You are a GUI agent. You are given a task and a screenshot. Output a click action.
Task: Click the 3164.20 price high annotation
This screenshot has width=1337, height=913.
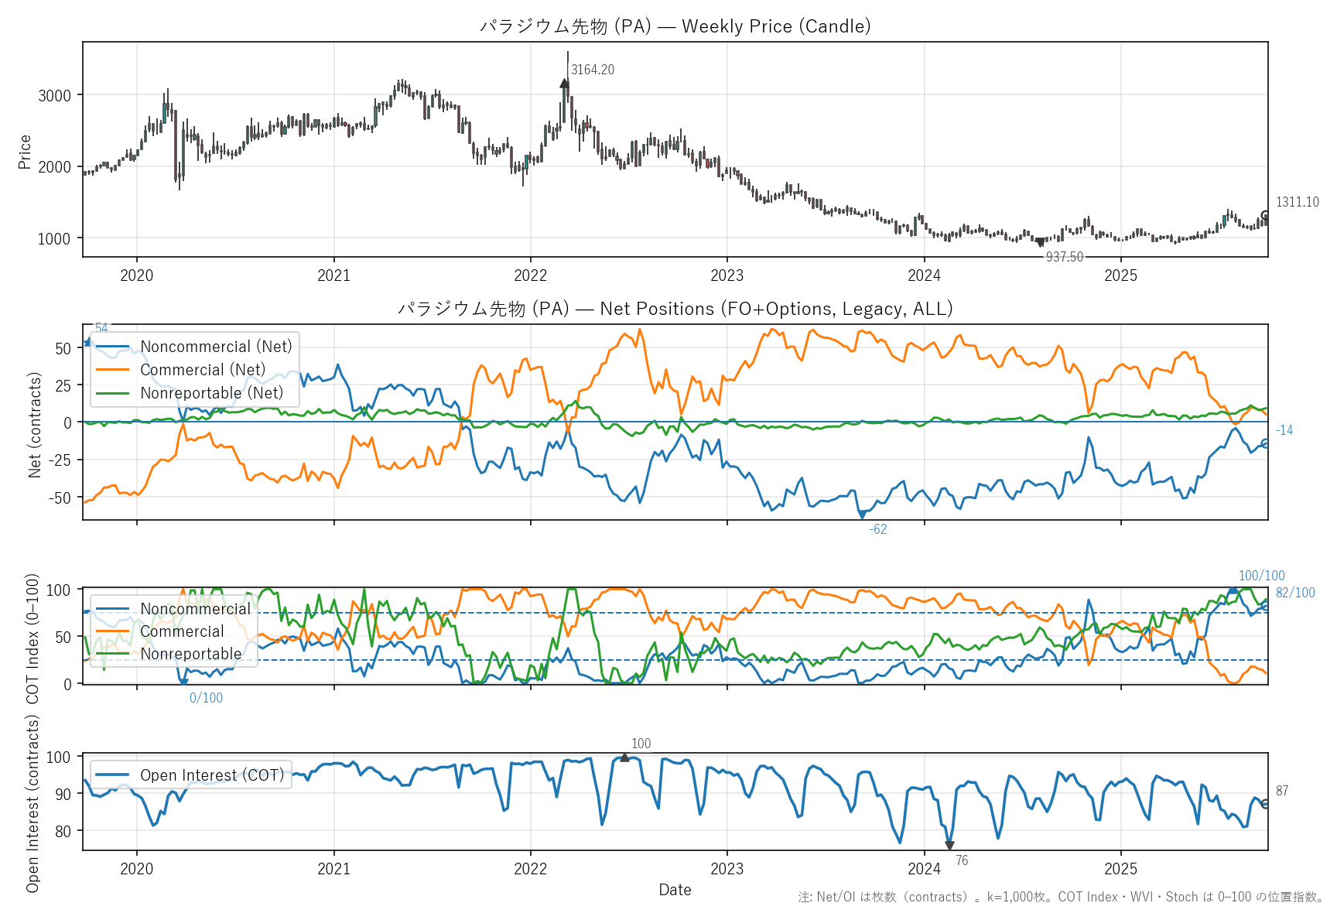click(592, 70)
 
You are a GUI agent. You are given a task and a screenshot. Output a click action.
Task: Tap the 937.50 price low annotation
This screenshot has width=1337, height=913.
click(1064, 257)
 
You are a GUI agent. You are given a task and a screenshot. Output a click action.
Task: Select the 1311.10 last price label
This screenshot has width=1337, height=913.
click(1297, 202)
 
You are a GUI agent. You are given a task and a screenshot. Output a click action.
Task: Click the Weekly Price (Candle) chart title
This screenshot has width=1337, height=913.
click(675, 26)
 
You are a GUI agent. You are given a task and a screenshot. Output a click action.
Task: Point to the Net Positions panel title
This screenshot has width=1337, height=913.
click(675, 309)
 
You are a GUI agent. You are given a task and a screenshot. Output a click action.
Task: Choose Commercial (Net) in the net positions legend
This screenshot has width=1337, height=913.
click(202, 370)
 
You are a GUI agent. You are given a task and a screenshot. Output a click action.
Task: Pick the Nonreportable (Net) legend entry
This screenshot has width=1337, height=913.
click(211, 393)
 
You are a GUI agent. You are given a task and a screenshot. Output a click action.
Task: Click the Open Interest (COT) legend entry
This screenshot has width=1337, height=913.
click(211, 775)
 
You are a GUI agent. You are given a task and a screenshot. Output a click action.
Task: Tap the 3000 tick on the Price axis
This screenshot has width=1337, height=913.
click(54, 96)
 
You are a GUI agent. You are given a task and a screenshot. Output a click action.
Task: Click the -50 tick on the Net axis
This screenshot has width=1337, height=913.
click(60, 498)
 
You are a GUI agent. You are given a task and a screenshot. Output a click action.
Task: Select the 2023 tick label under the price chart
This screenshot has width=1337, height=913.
click(727, 275)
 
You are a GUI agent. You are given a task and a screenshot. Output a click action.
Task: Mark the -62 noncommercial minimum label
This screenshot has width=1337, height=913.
click(877, 529)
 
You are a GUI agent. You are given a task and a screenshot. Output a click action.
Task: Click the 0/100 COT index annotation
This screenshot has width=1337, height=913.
click(206, 698)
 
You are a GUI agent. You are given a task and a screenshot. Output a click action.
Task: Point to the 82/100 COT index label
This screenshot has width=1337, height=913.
click(1295, 593)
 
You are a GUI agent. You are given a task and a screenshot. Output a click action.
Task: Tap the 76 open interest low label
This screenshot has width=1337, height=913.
click(961, 860)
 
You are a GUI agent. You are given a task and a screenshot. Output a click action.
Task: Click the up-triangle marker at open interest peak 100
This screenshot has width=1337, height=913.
click(624, 757)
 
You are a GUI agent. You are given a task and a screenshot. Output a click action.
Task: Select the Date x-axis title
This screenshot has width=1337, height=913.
click(675, 890)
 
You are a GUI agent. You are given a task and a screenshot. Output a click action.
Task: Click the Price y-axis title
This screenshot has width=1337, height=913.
click(25, 152)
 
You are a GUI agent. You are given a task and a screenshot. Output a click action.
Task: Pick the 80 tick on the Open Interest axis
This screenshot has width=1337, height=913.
click(62, 831)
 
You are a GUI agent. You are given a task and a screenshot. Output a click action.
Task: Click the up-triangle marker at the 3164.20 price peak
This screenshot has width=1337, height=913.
click(565, 83)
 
